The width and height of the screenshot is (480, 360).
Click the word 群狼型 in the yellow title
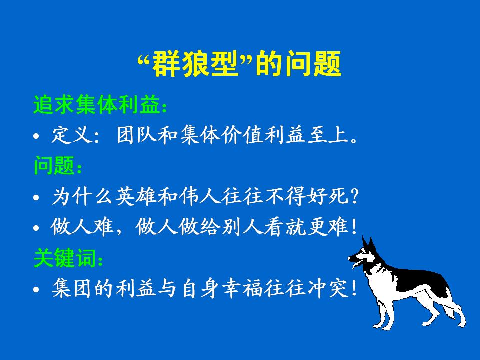[195, 64]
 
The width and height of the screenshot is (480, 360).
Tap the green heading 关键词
[65, 258]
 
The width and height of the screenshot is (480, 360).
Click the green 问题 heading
[54, 165]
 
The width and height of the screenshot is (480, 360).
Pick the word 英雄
[136, 196]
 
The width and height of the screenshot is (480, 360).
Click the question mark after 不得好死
[355, 196]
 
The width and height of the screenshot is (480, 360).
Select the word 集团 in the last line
[72, 288]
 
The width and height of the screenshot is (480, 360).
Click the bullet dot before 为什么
[36, 197]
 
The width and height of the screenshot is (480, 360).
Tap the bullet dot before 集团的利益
[36, 289]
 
